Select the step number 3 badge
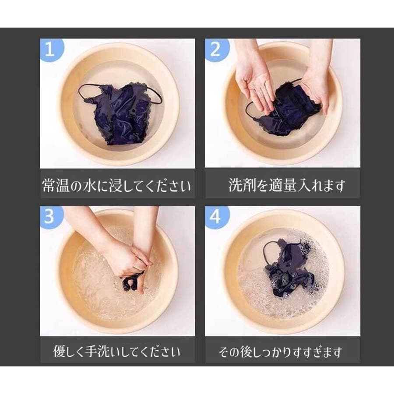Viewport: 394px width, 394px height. pyautogui.click(x=50, y=217)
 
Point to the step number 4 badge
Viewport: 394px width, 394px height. pyautogui.click(x=215, y=217)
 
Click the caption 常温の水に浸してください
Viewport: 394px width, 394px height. pyautogui.click(x=116, y=186)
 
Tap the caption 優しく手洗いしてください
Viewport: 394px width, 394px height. pyautogui.click(x=116, y=351)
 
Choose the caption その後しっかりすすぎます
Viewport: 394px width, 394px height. pyautogui.click(x=281, y=352)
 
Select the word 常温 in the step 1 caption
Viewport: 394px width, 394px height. pyautogui.click(x=56, y=186)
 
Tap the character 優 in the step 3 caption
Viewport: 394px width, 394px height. pyautogui.click(x=60, y=351)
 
